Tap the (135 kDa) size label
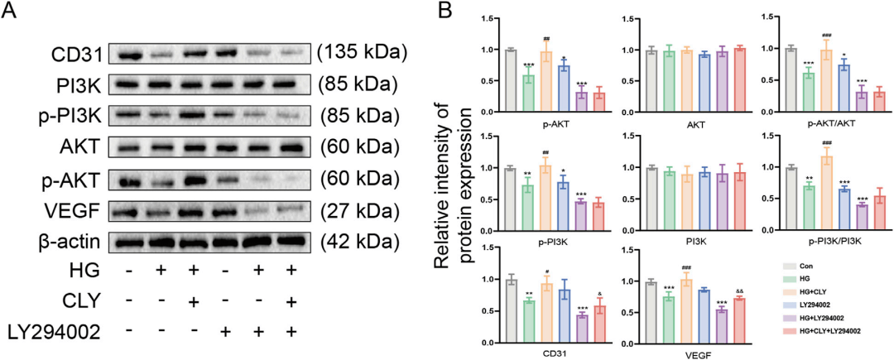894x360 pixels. coord(362,54)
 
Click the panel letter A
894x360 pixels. coord(11,13)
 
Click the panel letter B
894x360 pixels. coord(445,13)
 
